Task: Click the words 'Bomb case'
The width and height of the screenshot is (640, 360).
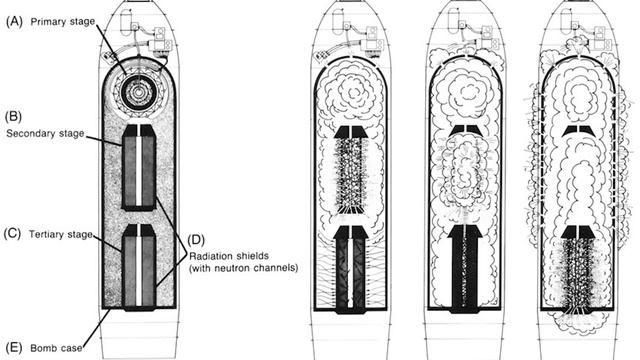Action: click(52, 347)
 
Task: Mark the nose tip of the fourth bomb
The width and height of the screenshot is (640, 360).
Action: click(579, 6)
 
